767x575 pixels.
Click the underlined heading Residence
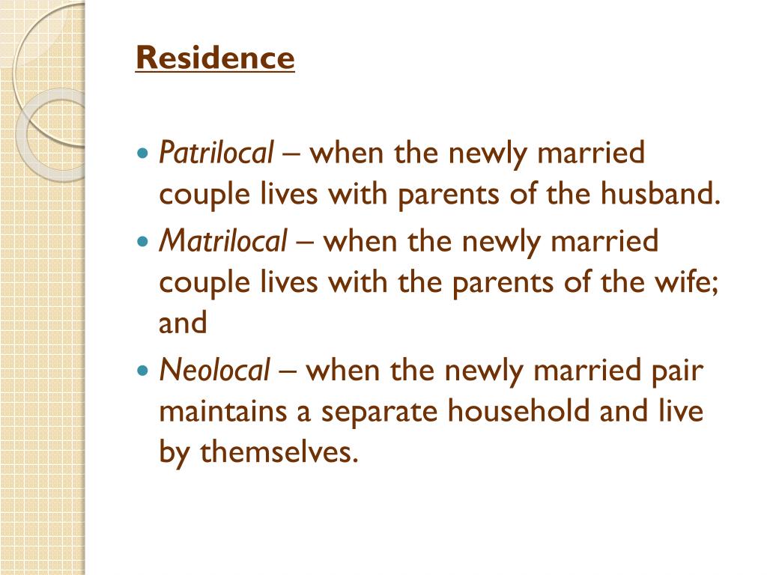[x=215, y=58]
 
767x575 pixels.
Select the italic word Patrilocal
[x=217, y=153]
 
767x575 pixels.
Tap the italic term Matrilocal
[x=223, y=241]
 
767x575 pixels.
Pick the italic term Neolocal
[x=214, y=370]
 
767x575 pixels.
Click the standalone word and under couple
[x=182, y=323]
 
